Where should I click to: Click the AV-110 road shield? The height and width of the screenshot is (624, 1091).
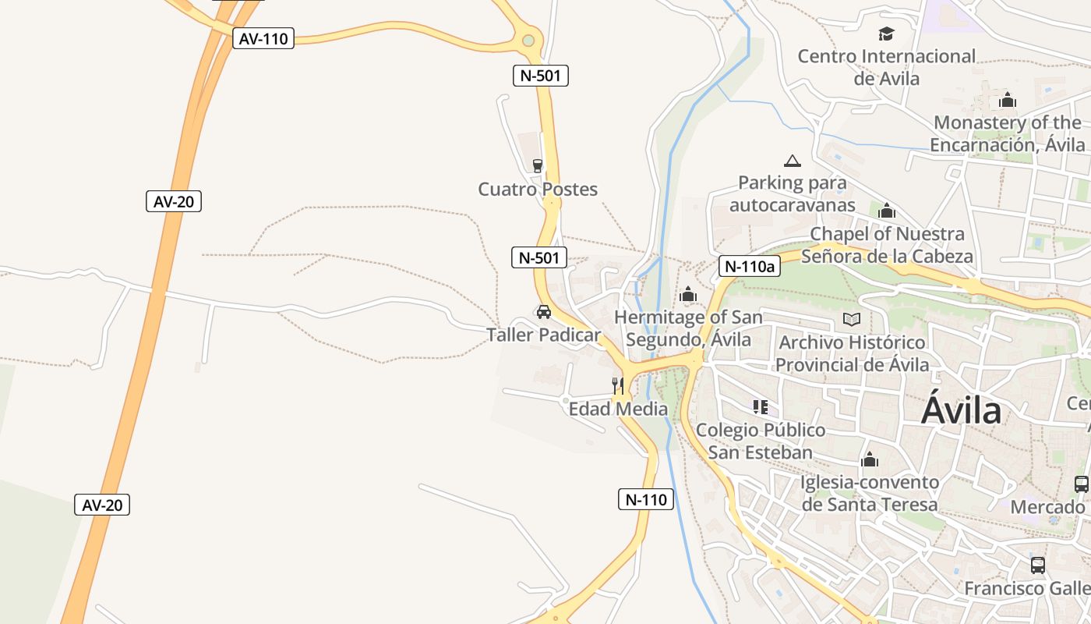click(263, 38)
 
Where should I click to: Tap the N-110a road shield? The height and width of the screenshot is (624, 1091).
click(749, 266)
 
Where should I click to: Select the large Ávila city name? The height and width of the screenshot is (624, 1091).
click(961, 410)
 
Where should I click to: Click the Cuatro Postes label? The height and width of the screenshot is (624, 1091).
click(538, 189)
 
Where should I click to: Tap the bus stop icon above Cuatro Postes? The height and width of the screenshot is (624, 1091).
click(537, 165)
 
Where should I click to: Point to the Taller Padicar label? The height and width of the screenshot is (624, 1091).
click(544, 335)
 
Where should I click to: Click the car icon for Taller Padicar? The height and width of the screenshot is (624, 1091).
click(544, 312)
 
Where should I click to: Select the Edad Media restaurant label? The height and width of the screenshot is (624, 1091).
click(619, 409)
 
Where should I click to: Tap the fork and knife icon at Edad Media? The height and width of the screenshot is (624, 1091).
click(617, 385)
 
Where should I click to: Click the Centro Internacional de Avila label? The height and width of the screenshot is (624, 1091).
click(887, 67)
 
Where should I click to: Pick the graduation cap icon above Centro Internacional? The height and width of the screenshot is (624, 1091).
click(886, 34)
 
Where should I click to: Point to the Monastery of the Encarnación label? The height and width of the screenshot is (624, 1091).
click(1008, 133)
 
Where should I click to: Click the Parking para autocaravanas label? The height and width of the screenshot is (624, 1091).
click(793, 193)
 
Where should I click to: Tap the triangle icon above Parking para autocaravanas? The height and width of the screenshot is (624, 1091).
click(793, 161)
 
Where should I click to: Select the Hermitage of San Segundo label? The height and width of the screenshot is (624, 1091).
click(688, 328)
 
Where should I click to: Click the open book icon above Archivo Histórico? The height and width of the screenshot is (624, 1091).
click(852, 319)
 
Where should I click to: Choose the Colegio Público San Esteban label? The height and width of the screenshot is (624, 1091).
click(761, 441)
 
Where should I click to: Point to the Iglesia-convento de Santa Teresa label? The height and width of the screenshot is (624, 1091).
click(870, 493)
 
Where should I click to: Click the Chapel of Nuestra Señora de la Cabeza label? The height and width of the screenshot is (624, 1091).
click(887, 244)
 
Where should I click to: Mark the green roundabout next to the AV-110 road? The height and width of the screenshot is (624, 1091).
click(529, 39)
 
